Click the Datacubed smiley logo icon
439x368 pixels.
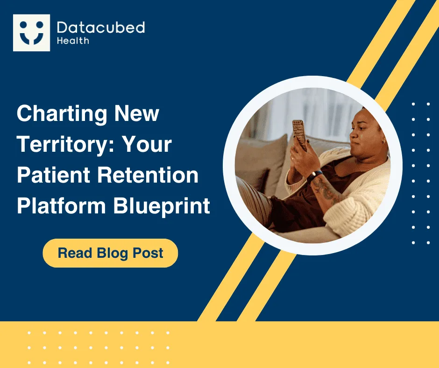(31, 33)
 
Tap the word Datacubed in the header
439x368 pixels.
(101, 28)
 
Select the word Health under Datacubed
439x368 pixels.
(73, 41)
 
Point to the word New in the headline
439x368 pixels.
(137, 113)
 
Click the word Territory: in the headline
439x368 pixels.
(66, 144)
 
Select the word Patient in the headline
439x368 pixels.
(54, 175)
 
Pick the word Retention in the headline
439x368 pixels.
(148, 175)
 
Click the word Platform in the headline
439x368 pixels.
(61, 206)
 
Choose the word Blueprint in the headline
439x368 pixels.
(162, 206)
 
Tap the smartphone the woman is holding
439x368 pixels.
(299, 135)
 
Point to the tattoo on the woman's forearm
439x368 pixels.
(327, 190)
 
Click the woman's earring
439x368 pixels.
(383, 141)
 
